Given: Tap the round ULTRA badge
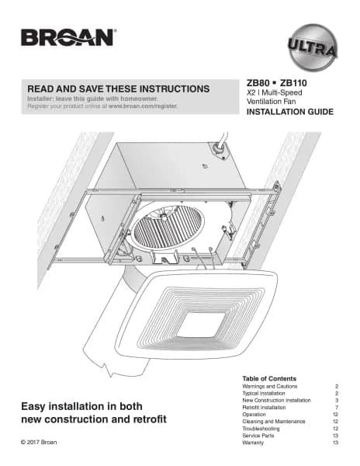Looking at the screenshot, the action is [313, 47].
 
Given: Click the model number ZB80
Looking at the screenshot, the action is [258, 83].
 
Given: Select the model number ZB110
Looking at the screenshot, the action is [293, 83].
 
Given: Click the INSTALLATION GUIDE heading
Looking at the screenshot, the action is [290, 112].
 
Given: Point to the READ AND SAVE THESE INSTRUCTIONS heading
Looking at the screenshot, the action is [119, 89].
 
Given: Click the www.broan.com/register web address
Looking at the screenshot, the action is [143, 106].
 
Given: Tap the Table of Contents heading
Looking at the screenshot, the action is [269, 379].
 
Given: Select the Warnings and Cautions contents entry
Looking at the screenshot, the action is [269, 386].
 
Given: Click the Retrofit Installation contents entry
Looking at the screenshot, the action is [264, 408].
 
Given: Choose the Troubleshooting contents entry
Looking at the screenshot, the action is [261, 429].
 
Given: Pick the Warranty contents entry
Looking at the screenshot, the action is [253, 443].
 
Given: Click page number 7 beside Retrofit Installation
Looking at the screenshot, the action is [337, 408].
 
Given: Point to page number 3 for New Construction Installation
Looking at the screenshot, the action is [337, 400].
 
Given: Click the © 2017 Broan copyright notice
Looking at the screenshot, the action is [39, 442].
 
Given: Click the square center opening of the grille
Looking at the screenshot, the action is [201, 325].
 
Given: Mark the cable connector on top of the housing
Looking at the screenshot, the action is [219, 149].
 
